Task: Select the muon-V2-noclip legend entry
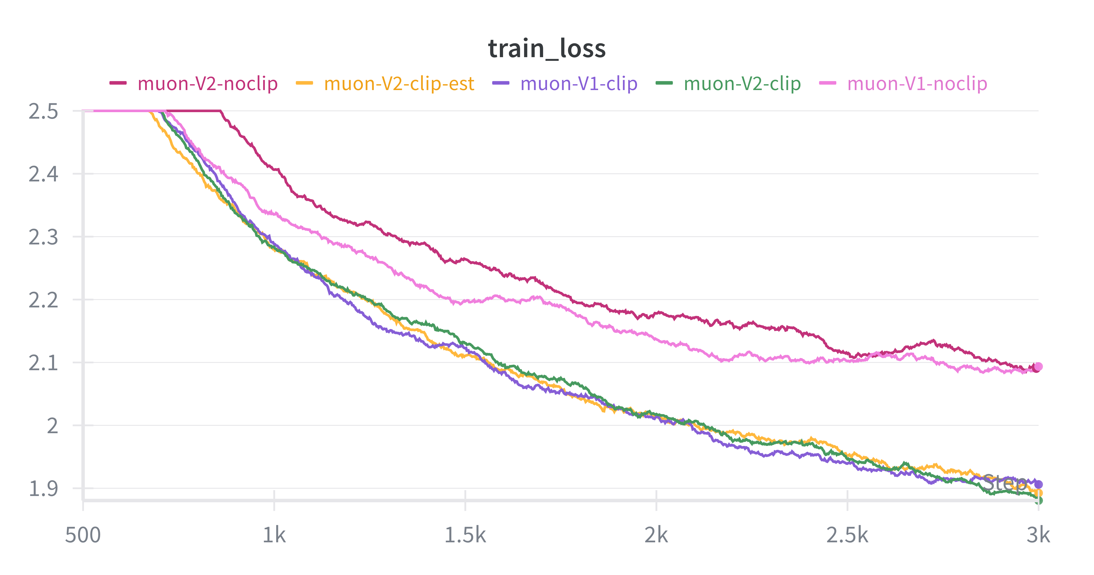[207, 84]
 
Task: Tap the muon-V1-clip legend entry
[578, 84]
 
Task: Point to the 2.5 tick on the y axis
[43, 112]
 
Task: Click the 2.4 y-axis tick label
[43, 174]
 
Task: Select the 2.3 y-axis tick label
[43, 237]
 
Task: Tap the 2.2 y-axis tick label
[43, 300]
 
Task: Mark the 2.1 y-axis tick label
[43, 363]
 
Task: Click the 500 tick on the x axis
[83, 535]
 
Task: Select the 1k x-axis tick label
[274, 535]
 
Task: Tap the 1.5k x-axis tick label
[465, 535]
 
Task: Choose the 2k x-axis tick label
[656, 535]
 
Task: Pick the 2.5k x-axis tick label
[847, 535]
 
